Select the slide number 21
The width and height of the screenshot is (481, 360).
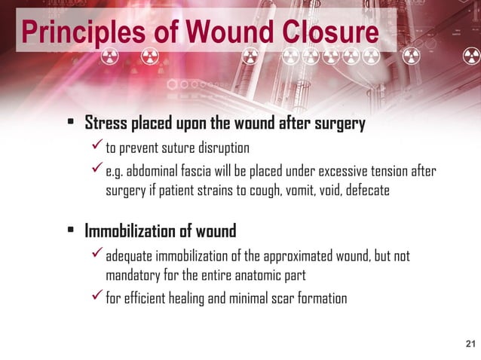471,345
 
